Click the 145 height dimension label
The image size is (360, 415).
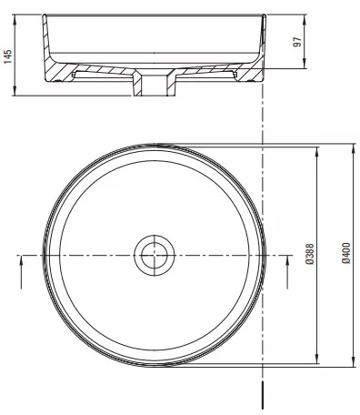pos(8,56)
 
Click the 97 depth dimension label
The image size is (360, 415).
pos(297,42)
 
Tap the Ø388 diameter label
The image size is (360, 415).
pos(310,254)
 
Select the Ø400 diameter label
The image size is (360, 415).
pos(346,253)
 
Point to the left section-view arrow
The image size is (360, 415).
pos(21,272)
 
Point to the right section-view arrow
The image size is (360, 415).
pos(287,272)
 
